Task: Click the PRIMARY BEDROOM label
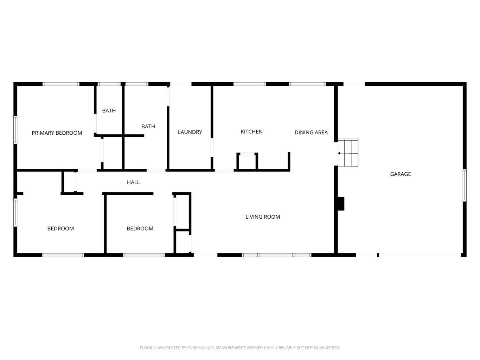click(57, 133)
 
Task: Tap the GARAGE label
click(401, 174)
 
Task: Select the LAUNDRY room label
click(190, 132)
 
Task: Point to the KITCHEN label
click(251, 131)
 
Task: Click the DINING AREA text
click(311, 133)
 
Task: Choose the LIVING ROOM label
click(263, 217)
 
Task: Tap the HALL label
click(133, 182)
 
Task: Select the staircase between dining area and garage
click(348, 152)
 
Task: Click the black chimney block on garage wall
click(341, 204)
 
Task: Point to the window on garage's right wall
click(465, 185)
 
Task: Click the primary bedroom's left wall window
click(15, 130)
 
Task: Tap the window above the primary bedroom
click(61, 84)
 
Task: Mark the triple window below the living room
click(276, 255)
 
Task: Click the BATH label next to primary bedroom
click(109, 111)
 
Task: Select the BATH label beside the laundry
click(148, 126)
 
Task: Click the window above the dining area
click(307, 84)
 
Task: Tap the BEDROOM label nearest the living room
click(140, 229)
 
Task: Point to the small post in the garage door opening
click(378, 255)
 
